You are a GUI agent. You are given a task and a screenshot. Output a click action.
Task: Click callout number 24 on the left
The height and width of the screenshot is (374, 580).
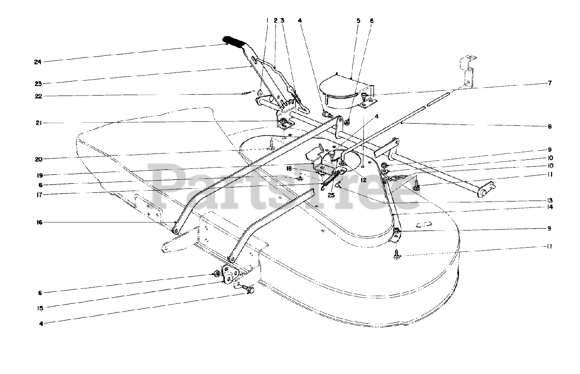click(x=37, y=62)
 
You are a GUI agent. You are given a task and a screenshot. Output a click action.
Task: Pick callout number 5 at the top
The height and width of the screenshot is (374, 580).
click(x=358, y=20)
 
